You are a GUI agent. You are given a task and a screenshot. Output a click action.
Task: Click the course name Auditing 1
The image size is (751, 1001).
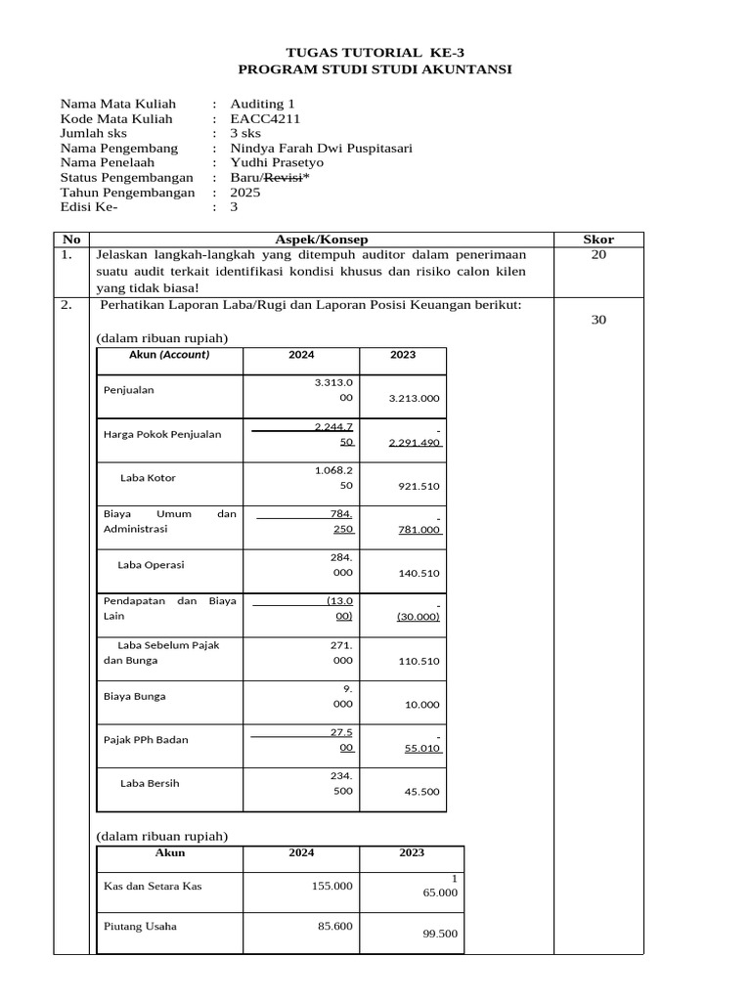pos(261,104)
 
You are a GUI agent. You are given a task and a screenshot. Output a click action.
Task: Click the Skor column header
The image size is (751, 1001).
pos(598,239)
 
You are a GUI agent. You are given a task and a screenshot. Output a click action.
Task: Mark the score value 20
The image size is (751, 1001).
pos(599,254)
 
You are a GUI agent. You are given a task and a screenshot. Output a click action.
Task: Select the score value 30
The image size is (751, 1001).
pos(599,319)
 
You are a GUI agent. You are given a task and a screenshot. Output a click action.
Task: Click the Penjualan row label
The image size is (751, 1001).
pos(129,390)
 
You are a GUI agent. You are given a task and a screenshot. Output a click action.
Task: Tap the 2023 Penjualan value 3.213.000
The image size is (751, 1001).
pos(414,398)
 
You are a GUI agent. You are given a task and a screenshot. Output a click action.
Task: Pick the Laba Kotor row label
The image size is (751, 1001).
pos(148,478)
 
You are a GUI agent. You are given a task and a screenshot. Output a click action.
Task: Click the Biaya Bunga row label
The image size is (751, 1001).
pos(134,697)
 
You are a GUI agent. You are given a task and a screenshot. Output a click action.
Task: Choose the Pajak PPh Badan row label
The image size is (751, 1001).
pos(146,740)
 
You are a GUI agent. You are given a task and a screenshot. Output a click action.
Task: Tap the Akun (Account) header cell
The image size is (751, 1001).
pos(169,355)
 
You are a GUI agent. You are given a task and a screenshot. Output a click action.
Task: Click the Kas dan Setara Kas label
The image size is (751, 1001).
pos(154,886)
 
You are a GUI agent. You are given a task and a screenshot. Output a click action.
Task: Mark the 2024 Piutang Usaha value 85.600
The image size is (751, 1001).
pos(334,926)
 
